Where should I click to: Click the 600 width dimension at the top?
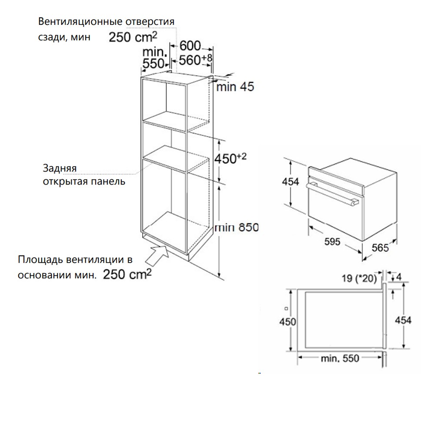tap(190, 46)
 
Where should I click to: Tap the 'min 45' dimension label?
tap(235, 87)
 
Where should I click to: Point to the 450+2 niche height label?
tap(230, 158)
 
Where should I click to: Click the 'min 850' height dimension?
tap(237, 227)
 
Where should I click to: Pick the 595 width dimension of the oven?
tap(332, 241)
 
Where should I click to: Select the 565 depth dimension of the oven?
tap(380, 248)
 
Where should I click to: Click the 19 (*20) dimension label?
tap(359, 278)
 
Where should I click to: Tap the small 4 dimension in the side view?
tap(399, 277)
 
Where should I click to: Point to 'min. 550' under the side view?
tap(340, 358)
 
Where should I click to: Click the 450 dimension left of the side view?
tap(288, 322)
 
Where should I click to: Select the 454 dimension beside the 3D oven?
tap(291, 182)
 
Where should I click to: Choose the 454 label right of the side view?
tap(403, 321)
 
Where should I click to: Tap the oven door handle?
tap(332, 194)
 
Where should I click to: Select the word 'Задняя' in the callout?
tap(60, 168)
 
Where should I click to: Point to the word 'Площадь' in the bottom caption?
tap(40, 259)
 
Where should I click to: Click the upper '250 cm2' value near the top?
tap(133, 37)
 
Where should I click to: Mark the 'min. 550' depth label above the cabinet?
tap(154, 58)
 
